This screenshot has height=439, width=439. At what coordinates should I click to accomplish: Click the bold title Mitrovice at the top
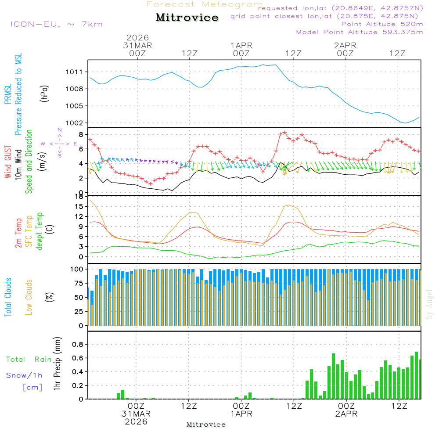tap(187, 18)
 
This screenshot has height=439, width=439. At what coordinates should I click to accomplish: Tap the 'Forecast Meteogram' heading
tap(205, 4)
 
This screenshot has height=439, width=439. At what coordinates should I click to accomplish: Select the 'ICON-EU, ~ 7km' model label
tap(56, 24)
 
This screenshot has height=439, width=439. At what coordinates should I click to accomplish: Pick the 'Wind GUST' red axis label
tap(8, 162)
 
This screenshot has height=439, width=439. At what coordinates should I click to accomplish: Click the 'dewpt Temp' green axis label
tap(40, 231)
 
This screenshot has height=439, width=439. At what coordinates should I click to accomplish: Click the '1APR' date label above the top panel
tap(241, 45)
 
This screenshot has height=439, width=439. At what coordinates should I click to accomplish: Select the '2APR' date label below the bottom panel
tap(346, 414)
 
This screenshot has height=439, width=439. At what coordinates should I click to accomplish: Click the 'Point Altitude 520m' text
tap(382, 24)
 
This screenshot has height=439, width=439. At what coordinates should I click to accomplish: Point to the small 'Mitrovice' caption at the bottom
tap(206, 425)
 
